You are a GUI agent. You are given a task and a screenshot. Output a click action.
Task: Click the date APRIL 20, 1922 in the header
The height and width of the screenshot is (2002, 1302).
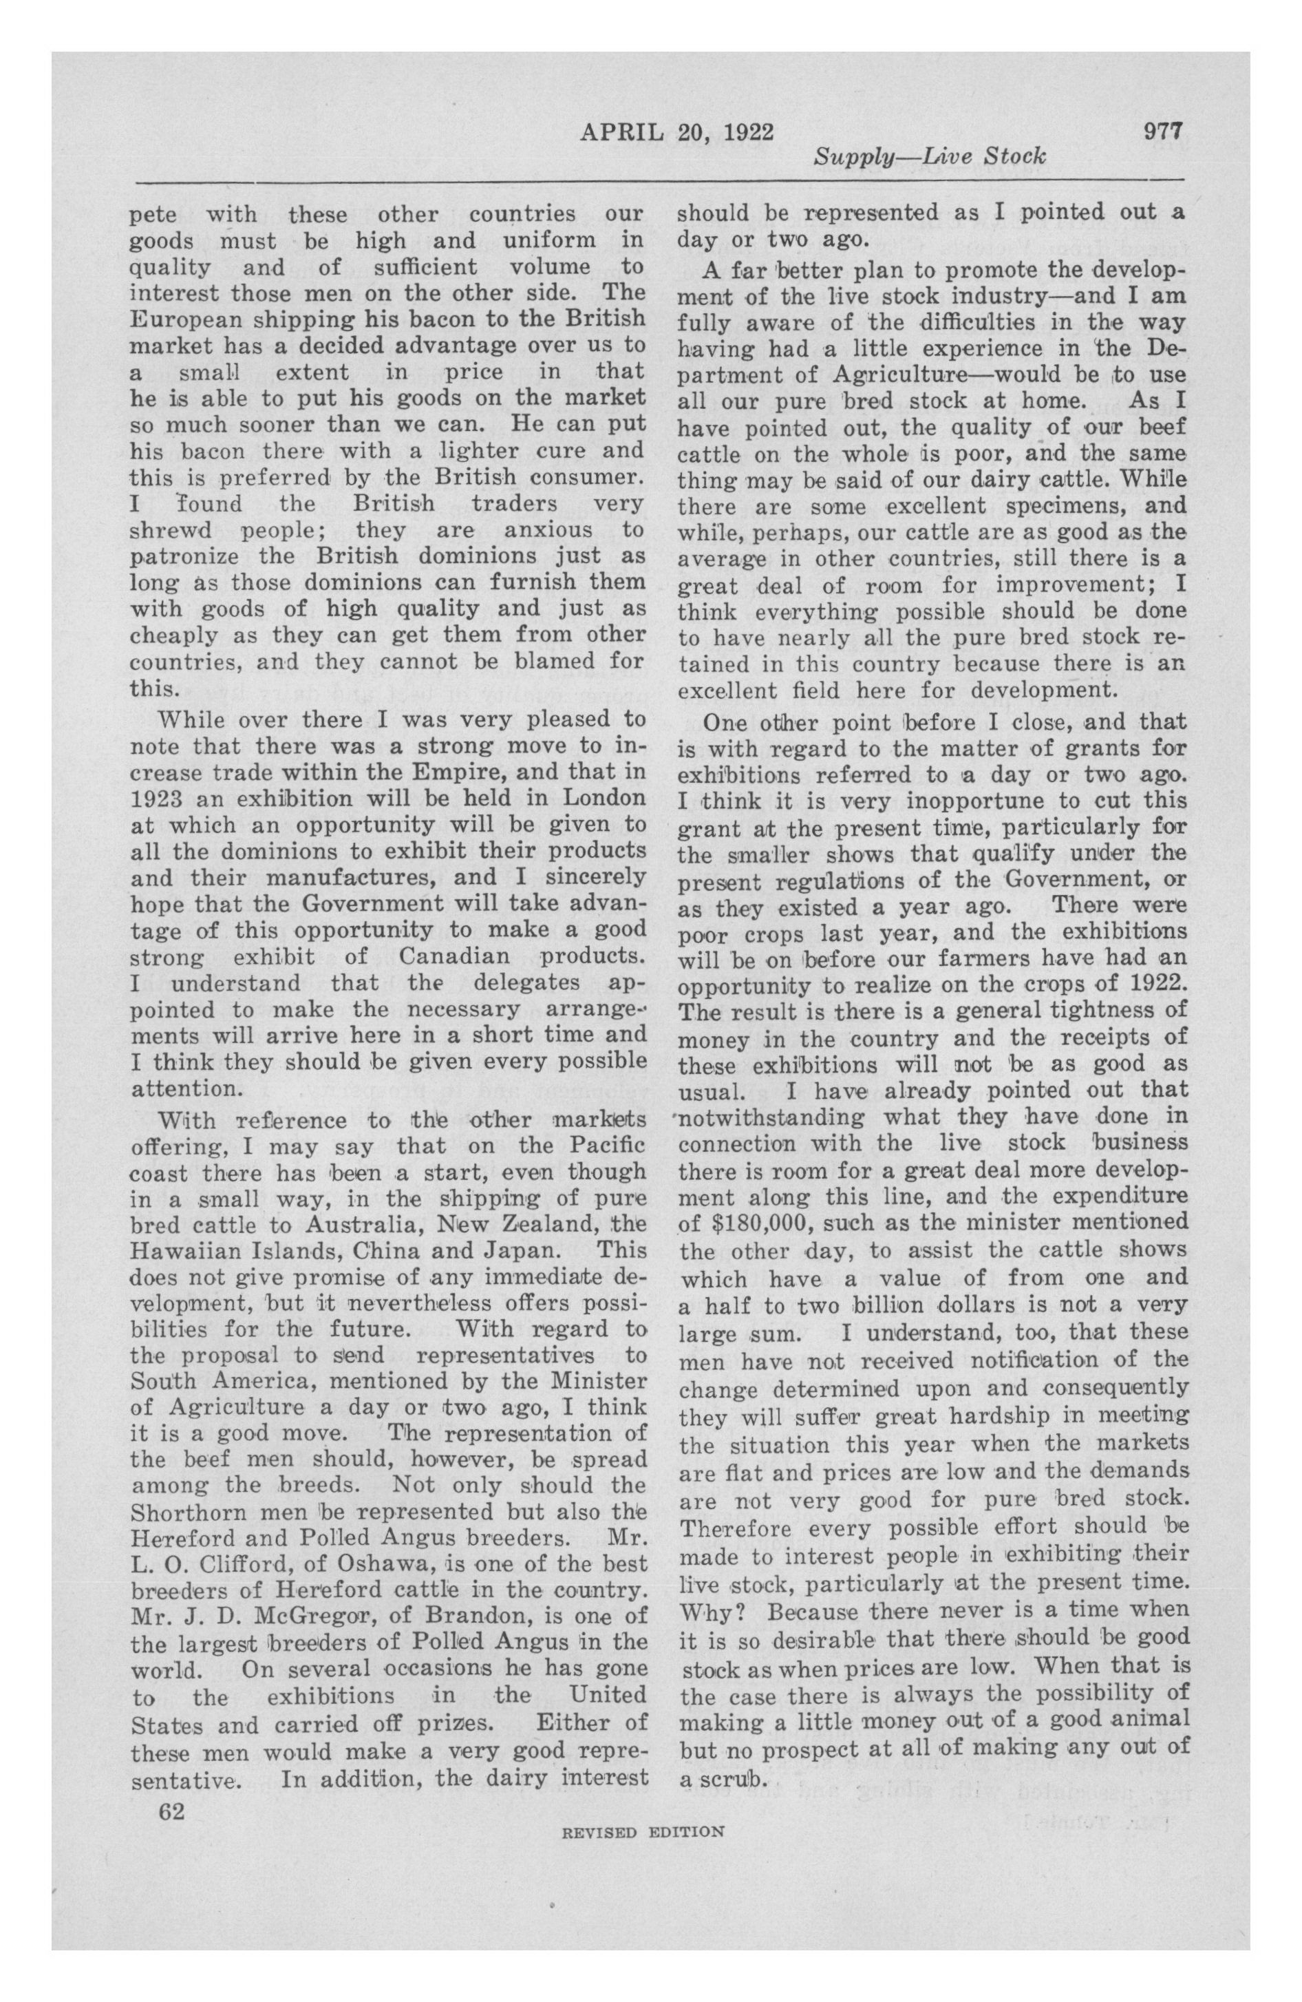pyautogui.click(x=676, y=132)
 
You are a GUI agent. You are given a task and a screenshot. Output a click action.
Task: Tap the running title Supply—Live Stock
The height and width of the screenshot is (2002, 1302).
pyautogui.click(x=928, y=156)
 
